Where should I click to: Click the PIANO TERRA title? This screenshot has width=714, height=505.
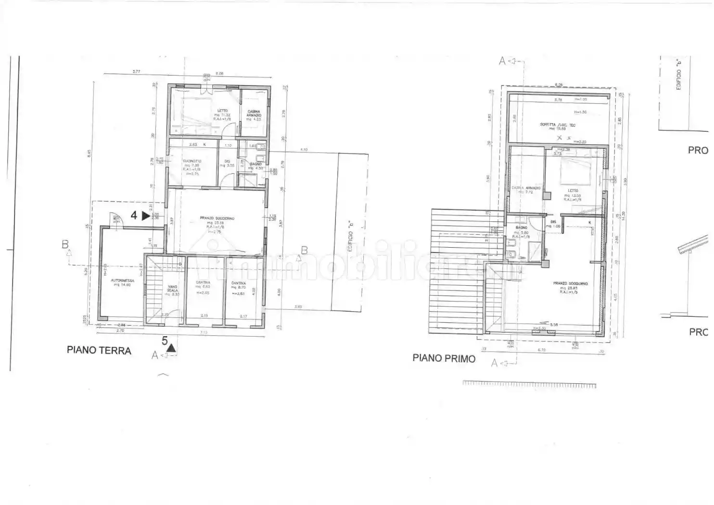point(99,350)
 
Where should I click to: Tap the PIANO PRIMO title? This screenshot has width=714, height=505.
point(444,358)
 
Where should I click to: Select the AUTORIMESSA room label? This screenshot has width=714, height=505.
point(120,280)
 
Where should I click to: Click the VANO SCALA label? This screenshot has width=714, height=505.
point(172,289)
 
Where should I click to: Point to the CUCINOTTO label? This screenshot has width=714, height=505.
point(192,161)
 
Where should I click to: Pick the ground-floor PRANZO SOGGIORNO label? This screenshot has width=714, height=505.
point(217,218)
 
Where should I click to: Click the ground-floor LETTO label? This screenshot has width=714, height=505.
point(222,111)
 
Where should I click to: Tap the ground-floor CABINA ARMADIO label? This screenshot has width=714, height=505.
point(254,114)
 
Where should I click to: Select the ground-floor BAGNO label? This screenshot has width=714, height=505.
point(255,164)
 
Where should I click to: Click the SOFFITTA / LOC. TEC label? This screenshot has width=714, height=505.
point(557,125)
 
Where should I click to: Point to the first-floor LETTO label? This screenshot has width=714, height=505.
point(573,191)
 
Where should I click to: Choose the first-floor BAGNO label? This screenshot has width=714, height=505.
point(521,228)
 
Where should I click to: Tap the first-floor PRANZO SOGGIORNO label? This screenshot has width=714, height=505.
point(570,284)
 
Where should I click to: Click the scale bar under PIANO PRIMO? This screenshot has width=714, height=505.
point(529,385)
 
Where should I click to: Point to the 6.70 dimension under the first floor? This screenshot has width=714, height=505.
point(541,350)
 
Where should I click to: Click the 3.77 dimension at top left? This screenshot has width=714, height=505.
point(136,72)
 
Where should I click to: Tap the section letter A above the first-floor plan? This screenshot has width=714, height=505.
point(502,61)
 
